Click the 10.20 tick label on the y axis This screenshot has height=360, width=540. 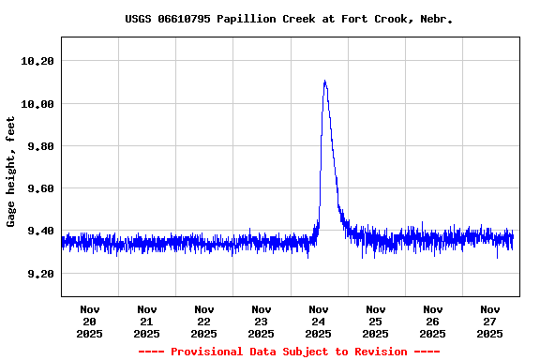coord(38,61)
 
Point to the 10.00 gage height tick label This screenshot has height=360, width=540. coord(38,103)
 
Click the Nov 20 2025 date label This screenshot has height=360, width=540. coord(90,321)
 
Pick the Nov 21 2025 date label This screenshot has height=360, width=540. coord(147,321)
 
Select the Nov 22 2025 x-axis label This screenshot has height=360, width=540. coord(204,321)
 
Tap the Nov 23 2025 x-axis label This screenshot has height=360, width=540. coord(262,321)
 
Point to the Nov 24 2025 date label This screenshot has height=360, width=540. coord(319,321)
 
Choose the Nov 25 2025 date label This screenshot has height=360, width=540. coord(376,321)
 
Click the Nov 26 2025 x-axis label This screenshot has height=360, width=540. coord(433,321)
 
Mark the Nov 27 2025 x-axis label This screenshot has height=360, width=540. coord(490,321)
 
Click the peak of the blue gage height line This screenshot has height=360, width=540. coord(324,82)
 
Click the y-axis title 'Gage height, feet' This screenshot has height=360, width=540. coord(11,172)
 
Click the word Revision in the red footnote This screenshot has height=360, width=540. coord(380,352)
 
